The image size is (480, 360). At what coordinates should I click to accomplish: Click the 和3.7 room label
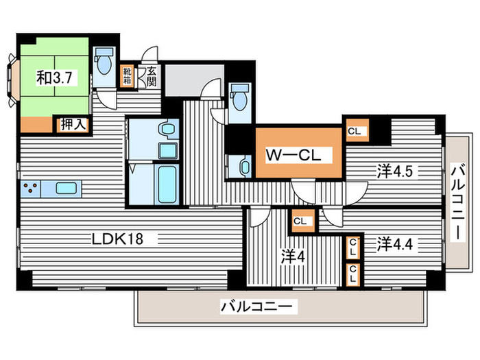(54, 77)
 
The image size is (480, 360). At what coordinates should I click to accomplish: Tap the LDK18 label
(117, 239)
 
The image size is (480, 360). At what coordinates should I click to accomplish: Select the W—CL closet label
(293, 155)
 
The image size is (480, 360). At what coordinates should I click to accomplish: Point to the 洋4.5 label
(395, 171)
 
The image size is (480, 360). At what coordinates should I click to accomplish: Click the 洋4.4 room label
(394, 244)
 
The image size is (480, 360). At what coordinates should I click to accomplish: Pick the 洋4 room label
(293, 256)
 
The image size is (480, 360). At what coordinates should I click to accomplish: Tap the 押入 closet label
(72, 125)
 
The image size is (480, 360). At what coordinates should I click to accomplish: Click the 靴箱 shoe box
(127, 76)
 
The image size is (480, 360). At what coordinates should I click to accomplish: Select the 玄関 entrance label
(152, 77)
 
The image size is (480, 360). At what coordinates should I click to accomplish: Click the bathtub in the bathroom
(167, 184)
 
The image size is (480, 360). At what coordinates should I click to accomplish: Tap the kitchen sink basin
(66, 188)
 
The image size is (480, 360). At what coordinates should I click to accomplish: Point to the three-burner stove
(30, 189)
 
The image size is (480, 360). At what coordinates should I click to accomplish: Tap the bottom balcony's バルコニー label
(259, 306)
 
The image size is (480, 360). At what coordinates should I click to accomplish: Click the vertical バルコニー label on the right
(457, 202)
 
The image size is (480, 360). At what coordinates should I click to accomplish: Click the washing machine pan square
(168, 151)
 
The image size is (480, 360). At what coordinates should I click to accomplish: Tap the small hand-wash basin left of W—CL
(245, 167)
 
